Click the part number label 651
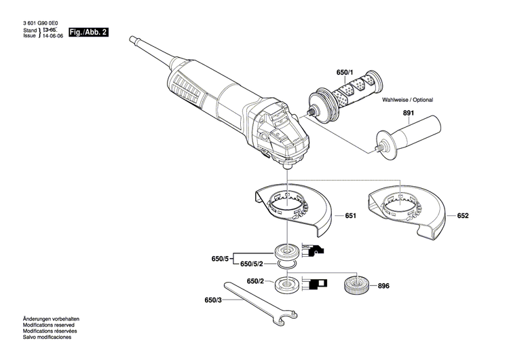click(350, 216)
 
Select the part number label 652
click(463, 216)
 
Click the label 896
click(384, 286)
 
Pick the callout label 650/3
click(213, 300)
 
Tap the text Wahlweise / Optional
click(407, 100)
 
